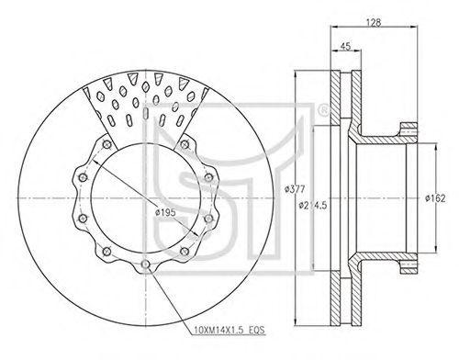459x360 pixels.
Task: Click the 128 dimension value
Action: tap(374, 22)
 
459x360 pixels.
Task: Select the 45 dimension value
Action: tap(345, 46)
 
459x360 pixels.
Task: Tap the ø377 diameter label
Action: tap(295, 189)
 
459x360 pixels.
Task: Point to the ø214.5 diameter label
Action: tap(313, 205)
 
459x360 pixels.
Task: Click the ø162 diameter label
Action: tap(435, 198)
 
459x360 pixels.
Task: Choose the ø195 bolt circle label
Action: tap(165, 212)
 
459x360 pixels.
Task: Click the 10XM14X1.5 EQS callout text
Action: tap(229, 331)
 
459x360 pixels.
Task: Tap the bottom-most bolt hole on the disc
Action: tap(146, 264)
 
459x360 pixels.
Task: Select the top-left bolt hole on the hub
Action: tap(106, 144)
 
